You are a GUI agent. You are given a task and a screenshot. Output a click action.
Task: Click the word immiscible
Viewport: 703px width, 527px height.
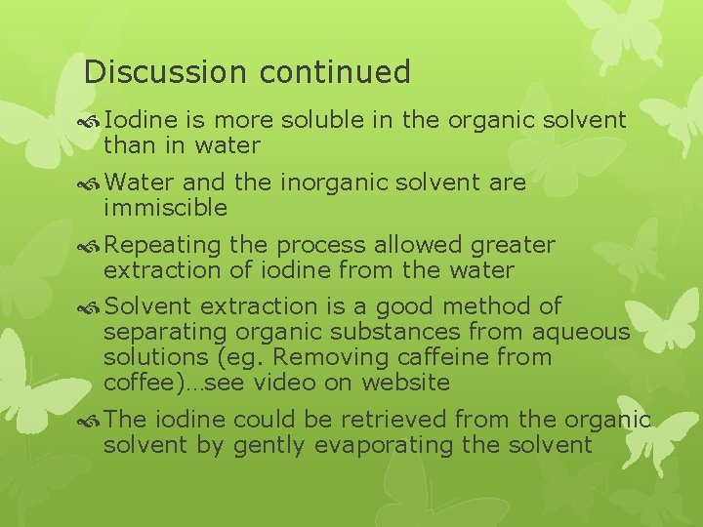165,207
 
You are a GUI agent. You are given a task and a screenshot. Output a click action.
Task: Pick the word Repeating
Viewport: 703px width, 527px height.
164,245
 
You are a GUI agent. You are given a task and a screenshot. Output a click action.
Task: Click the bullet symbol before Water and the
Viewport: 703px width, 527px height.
92,182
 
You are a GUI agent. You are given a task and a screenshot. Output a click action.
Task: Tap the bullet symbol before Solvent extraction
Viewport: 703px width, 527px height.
92,307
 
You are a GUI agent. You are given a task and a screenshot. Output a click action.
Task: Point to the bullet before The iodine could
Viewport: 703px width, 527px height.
92,420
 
